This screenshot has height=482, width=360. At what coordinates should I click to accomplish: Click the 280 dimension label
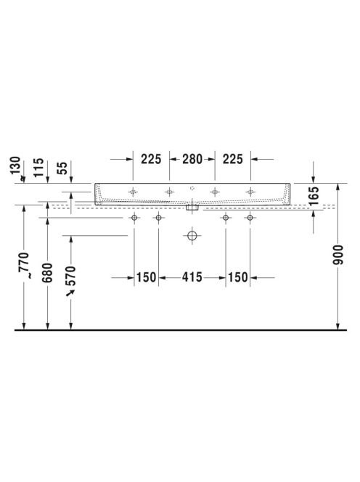(192, 159)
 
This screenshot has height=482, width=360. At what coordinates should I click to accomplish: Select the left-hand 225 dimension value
(151, 159)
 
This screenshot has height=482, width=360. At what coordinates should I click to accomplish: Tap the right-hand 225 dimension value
(233, 159)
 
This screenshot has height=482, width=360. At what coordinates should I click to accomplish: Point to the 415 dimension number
(192, 277)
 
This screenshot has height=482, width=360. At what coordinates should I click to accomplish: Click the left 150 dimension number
(146, 277)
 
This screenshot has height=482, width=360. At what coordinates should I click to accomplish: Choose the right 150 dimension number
(237, 277)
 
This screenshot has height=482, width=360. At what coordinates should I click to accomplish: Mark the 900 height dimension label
(338, 255)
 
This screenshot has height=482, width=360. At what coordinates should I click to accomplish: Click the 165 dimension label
(314, 196)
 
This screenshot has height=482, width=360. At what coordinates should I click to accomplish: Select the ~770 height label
(24, 265)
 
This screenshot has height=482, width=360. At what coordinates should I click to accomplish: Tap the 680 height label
(47, 273)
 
